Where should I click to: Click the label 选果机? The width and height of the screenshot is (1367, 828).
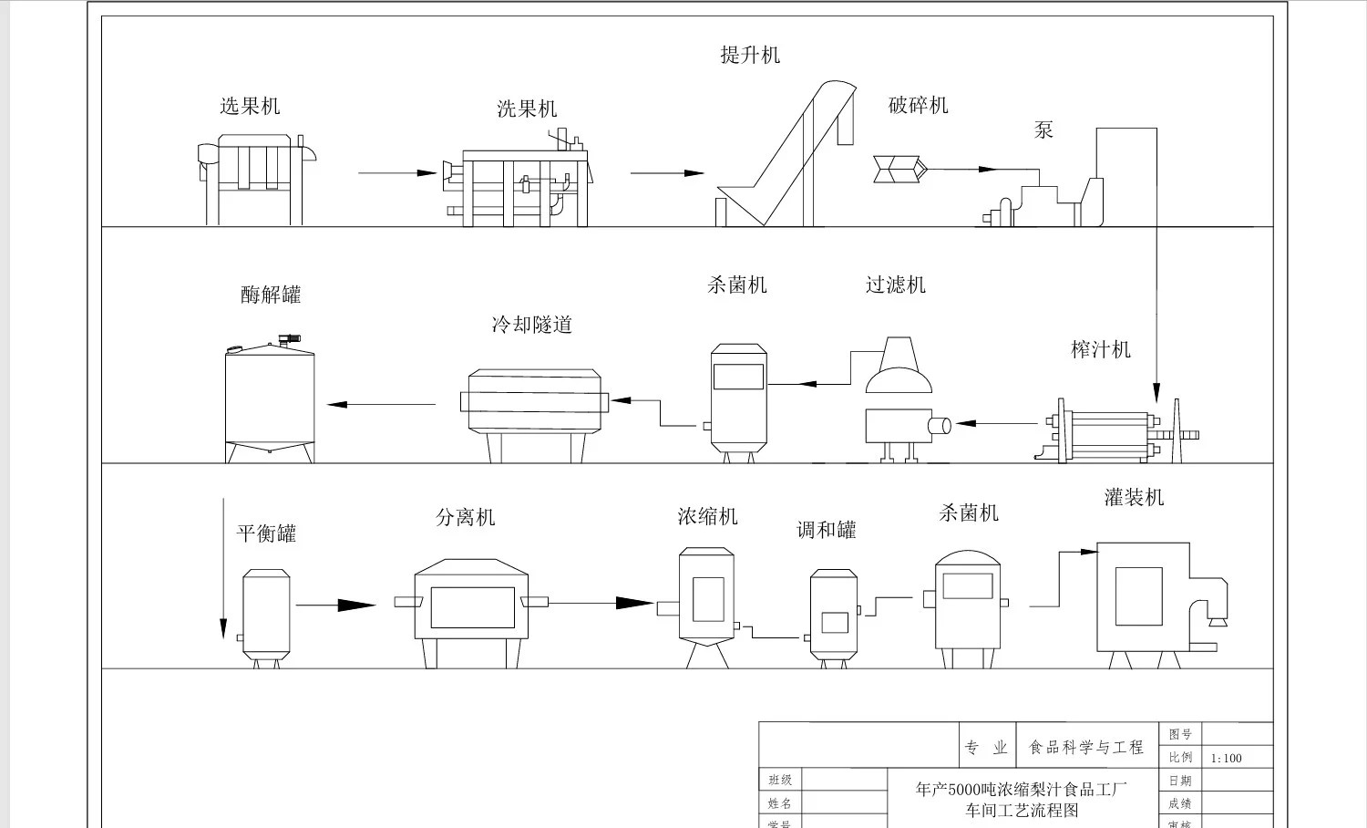[250, 106]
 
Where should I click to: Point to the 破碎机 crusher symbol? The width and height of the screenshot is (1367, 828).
[899, 169]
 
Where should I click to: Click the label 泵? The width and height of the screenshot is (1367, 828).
[1043, 129]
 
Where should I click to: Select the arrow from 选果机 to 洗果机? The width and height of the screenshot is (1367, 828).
[397, 172]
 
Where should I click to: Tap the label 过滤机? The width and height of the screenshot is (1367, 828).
[895, 285]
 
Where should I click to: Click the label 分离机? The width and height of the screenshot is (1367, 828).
[465, 517]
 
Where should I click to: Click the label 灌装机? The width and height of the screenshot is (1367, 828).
[1134, 497]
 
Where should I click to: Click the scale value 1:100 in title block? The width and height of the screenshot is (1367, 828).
[1227, 758]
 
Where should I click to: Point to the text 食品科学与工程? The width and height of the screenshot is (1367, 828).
[1085, 747]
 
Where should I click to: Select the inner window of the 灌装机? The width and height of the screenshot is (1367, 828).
[1138, 596]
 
